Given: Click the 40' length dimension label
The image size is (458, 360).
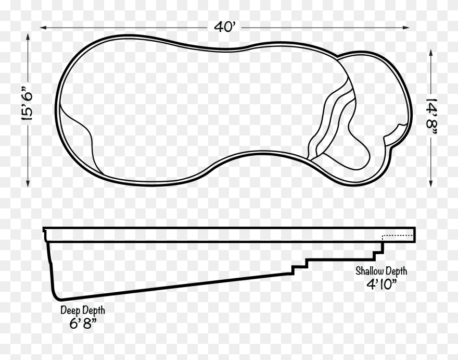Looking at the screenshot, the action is click(224, 27).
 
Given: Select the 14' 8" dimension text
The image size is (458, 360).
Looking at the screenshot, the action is click(431, 117).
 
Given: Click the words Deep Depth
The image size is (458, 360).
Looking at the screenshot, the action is click(83, 310).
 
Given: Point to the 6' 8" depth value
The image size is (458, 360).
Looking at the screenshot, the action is click(83, 324).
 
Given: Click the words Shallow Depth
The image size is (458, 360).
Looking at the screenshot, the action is click(381, 271).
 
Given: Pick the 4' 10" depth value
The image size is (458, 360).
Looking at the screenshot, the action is click(382, 284).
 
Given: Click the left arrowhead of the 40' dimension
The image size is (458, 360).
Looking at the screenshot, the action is click(44, 28).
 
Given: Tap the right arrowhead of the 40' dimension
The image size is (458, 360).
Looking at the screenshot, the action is click(406, 28).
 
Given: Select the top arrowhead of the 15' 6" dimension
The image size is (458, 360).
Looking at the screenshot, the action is click(28, 37).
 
